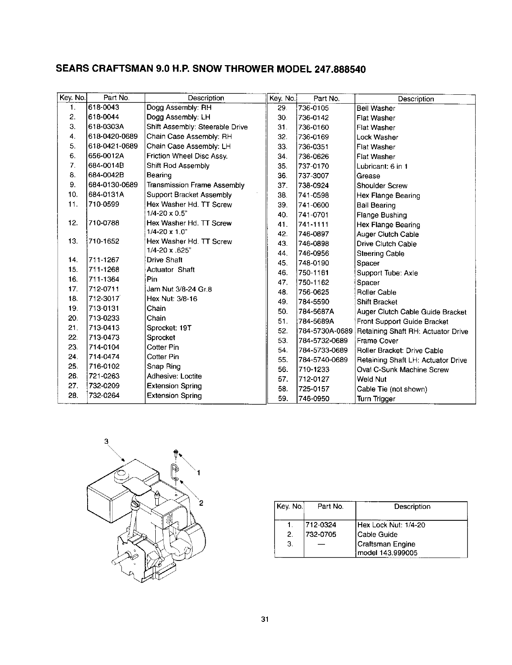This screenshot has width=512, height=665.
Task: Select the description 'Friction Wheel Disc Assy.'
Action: pyautogui.click(x=187, y=156)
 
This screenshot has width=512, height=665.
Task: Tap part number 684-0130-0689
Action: pyautogui.click(x=113, y=185)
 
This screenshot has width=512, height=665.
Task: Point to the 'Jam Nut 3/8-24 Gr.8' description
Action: pyautogui.click(x=179, y=289)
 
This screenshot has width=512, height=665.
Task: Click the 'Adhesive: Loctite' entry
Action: pyautogui.click(x=174, y=376)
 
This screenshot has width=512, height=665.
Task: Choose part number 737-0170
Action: pyautogui.click(x=313, y=166)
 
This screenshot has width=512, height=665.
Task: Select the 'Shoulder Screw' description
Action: pyautogui.click(x=382, y=186)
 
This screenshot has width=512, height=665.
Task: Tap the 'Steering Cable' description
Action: pyautogui.click(x=380, y=254)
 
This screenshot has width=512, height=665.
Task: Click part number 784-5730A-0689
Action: pyautogui.click(x=325, y=331)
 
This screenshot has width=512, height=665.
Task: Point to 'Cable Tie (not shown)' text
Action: pyautogui.click(x=391, y=389)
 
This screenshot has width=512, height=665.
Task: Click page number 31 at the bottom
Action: pyautogui.click(x=265, y=620)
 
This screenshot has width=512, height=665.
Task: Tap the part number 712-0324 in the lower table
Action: pyautogui.click(x=321, y=525)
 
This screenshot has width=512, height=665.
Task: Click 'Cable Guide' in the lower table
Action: pyautogui.click(x=377, y=534)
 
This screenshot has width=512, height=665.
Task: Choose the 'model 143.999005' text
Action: pyautogui.click(x=387, y=553)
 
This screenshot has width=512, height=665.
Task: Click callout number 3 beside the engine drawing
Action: pyautogui.click(x=107, y=441)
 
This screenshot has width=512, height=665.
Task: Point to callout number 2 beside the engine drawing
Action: pyautogui.click(x=201, y=503)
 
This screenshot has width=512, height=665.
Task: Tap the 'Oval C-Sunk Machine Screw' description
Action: pyautogui.click(x=402, y=370)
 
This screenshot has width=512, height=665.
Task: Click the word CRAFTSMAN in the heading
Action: pyautogui.click(x=119, y=69)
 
